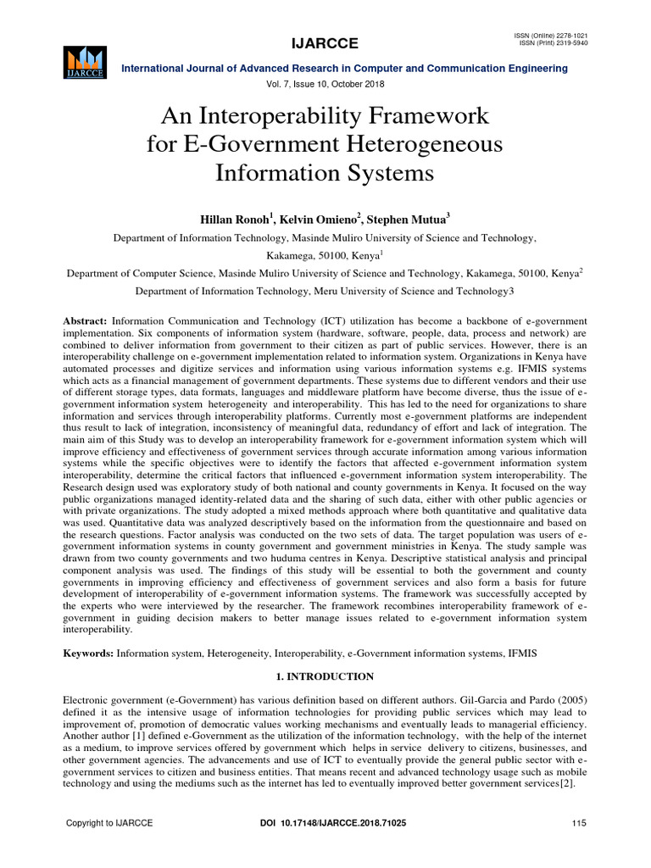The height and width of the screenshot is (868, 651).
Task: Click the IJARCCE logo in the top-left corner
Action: pyautogui.click(x=83, y=61)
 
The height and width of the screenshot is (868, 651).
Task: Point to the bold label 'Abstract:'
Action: pyautogui.click(x=86, y=323)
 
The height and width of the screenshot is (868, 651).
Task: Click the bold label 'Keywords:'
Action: pyautogui.click(x=89, y=654)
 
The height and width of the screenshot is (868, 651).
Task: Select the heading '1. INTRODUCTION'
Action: pyautogui.click(x=325, y=676)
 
